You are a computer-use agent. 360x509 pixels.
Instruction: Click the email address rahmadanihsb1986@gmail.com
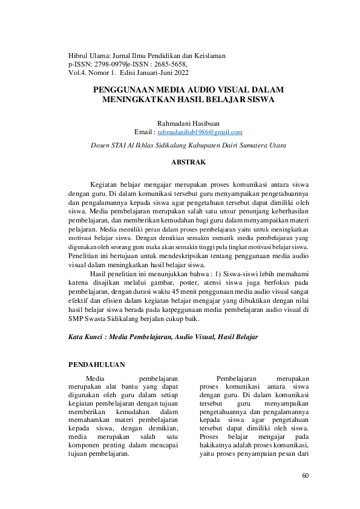click(x=200, y=132)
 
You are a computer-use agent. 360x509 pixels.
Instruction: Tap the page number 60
click(x=305, y=476)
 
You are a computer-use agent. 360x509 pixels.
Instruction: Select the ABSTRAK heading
click(x=188, y=163)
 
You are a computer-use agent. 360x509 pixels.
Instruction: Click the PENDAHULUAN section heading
click(x=97, y=365)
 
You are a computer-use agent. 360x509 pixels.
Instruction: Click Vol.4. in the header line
click(x=77, y=73)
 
